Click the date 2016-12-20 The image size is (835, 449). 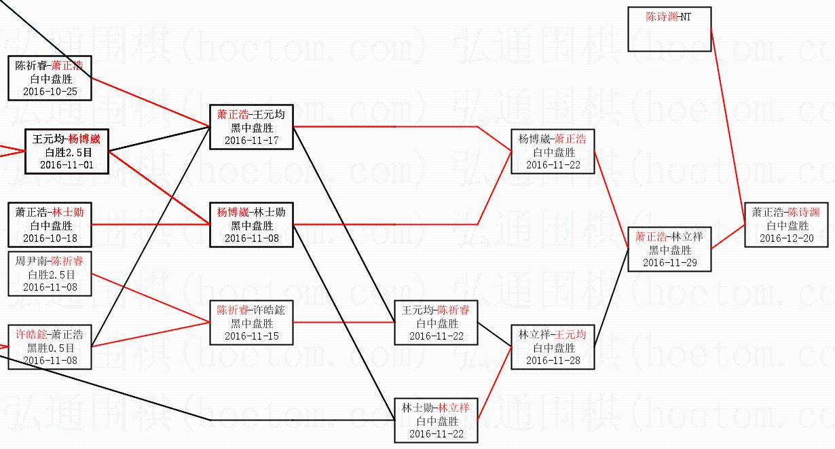point(786,238)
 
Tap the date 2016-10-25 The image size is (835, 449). point(50,91)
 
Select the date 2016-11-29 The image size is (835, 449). point(669,262)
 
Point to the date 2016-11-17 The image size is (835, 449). point(251,140)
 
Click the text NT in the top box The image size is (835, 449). point(686,17)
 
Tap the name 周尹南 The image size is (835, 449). point(31,262)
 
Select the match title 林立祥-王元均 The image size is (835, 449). point(553,335)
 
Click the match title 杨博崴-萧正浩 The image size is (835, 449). point(553,139)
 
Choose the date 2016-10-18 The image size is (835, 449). point(50,238)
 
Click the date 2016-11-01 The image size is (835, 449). point(67,164)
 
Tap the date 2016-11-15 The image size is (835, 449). point(251,336)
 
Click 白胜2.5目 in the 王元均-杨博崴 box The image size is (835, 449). point(67,152)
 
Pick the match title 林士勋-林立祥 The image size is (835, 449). point(436,408)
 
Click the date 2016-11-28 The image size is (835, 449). point(553,360)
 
